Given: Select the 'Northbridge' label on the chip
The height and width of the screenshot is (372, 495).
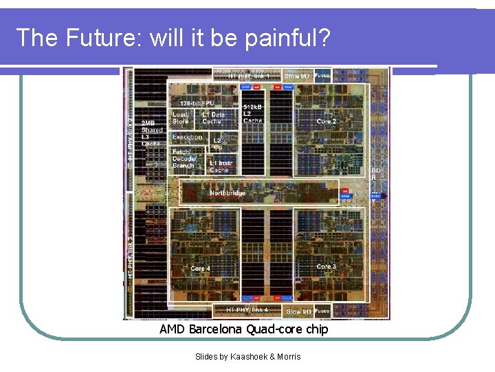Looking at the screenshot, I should tap(228, 194).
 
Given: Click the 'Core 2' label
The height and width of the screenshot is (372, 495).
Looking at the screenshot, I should tap(327, 121).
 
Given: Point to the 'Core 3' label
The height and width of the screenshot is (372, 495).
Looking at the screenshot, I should tap(327, 267).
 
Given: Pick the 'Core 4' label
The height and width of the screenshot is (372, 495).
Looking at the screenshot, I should tap(200, 269).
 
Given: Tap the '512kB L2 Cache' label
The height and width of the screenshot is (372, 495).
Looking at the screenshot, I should tap(252, 114).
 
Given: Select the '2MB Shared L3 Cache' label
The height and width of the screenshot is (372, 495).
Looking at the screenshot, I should tap(152, 134).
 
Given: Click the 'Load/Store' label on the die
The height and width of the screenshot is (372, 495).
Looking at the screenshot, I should tap(181, 118).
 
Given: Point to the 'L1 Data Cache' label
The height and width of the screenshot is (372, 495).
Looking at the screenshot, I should tap(213, 118).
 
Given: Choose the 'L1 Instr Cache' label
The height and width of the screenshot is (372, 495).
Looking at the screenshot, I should tap(220, 167).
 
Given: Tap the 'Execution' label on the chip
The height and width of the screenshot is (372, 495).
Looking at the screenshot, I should tap(187, 137).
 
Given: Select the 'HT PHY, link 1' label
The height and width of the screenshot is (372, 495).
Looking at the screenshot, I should tap(249, 75).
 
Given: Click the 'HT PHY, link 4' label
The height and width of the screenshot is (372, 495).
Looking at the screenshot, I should tap(247, 311).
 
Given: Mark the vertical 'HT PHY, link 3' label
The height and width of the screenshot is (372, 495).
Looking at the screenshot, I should tap(129, 252).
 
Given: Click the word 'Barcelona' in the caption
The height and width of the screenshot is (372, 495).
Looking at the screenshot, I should tap(216, 330).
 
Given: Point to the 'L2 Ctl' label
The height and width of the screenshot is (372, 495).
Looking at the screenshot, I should tap(218, 143).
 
